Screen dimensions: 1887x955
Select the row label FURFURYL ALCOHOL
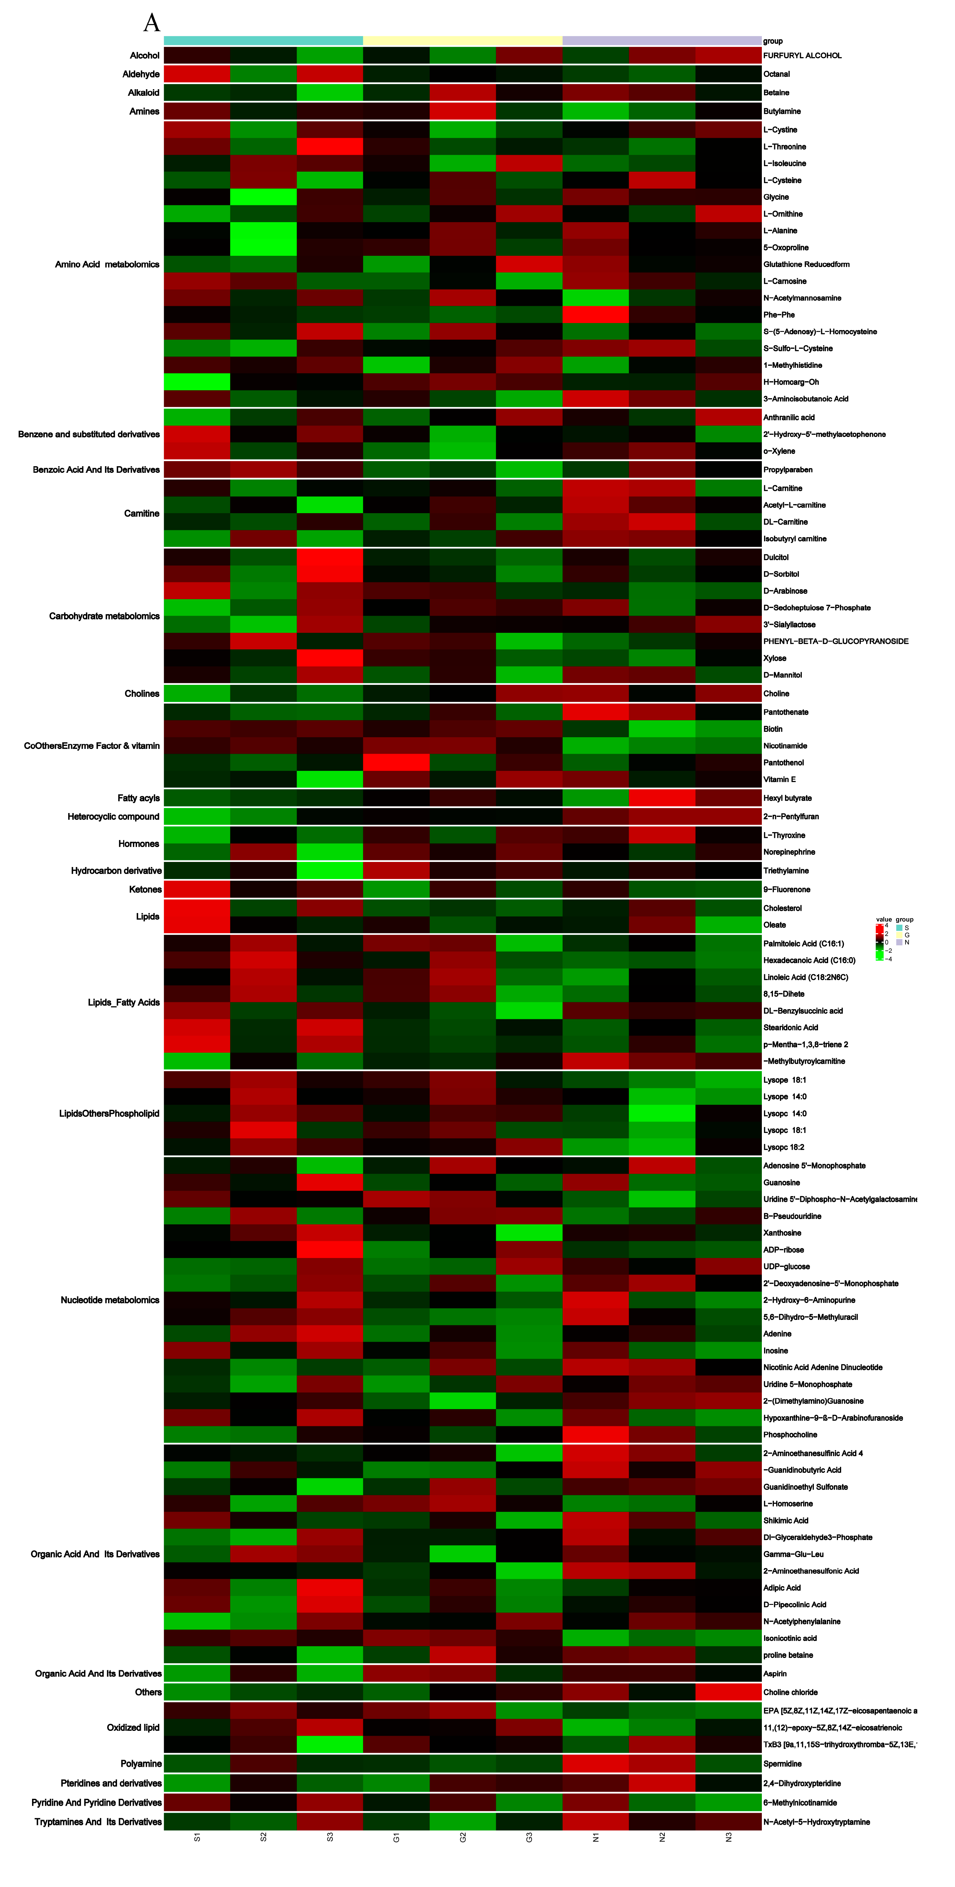802,56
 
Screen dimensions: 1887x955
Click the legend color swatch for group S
899,927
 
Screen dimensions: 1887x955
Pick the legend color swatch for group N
899,942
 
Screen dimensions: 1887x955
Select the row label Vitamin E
779,779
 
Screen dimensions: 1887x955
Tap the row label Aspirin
775,1673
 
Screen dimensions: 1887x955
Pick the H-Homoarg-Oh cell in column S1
197,382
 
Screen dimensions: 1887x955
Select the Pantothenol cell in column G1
396,763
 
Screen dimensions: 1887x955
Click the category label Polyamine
141,1763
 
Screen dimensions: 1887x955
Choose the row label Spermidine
782,1764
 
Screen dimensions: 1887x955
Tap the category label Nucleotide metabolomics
110,1300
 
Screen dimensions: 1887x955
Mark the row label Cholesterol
782,908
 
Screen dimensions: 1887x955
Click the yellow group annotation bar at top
463,40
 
